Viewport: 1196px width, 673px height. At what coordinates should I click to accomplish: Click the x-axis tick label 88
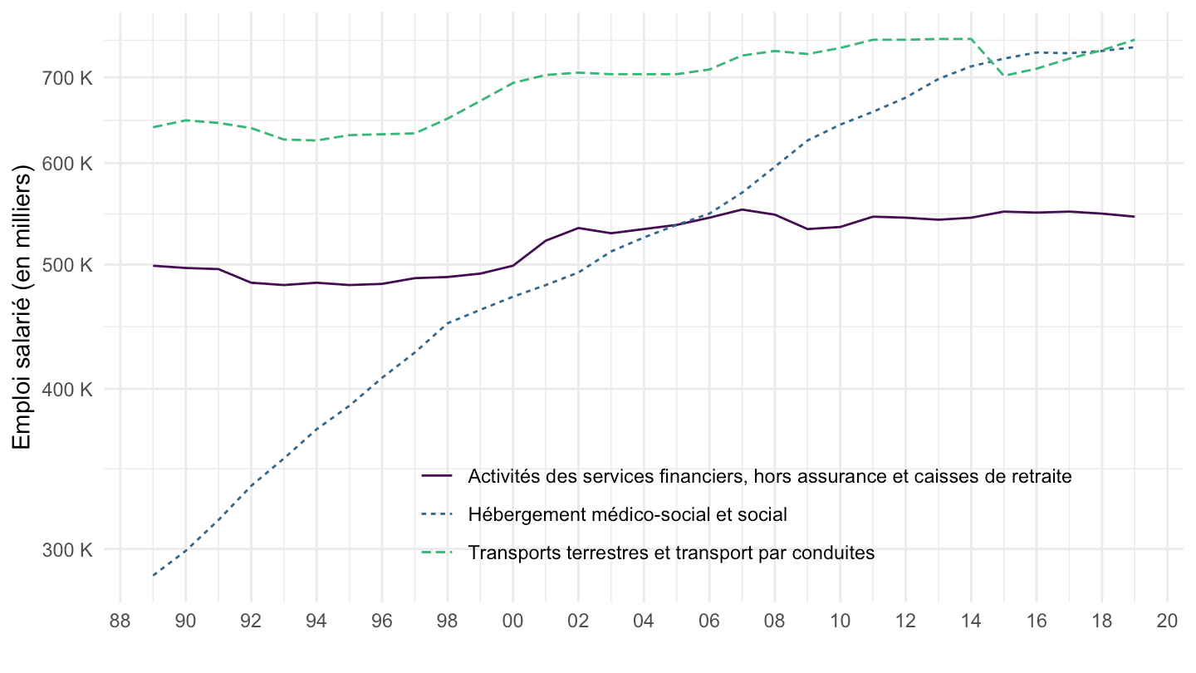120,622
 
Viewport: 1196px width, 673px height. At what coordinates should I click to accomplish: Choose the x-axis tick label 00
512,622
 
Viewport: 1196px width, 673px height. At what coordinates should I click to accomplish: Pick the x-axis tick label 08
774,622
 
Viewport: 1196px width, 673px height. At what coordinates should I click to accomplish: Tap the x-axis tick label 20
1167,622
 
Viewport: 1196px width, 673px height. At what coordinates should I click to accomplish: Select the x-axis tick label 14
971,622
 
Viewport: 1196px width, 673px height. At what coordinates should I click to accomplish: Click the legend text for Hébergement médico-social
627,514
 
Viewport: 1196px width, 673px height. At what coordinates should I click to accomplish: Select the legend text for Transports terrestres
671,553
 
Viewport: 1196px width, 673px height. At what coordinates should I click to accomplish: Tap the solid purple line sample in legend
437,476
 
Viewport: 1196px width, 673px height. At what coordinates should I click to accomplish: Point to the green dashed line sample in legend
437,553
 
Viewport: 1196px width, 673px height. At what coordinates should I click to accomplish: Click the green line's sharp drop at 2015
1004,76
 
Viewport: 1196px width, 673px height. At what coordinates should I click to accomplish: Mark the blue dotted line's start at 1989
154,575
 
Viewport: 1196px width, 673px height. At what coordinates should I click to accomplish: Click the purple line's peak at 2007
742,209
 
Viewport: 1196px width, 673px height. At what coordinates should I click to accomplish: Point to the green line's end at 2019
1135,40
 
